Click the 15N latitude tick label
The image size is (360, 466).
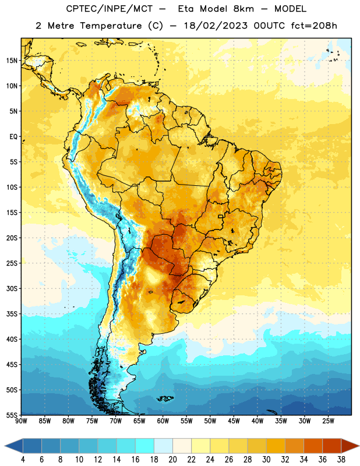(12, 61)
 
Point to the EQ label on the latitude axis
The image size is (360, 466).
(13, 137)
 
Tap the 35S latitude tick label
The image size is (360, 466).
(12, 314)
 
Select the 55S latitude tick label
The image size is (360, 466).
(12, 415)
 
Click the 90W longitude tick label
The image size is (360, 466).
(21, 421)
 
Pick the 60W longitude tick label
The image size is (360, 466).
(163, 421)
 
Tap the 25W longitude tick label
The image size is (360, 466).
(328, 421)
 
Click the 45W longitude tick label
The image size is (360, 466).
(234, 421)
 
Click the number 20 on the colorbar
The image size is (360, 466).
(172, 460)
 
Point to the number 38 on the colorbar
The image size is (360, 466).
(341, 460)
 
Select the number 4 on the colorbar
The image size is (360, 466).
(23, 460)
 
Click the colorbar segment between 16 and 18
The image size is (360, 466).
(144, 446)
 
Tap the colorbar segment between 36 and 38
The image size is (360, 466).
(332, 446)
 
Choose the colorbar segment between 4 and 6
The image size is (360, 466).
(32, 446)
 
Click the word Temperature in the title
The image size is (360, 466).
(111, 26)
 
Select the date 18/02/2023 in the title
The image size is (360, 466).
(216, 26)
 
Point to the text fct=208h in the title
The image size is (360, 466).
(314, 26)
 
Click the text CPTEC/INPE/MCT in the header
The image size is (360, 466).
(109, 9)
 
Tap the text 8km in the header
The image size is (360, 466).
(243, 9)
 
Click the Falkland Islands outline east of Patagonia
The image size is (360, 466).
(165, 398)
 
